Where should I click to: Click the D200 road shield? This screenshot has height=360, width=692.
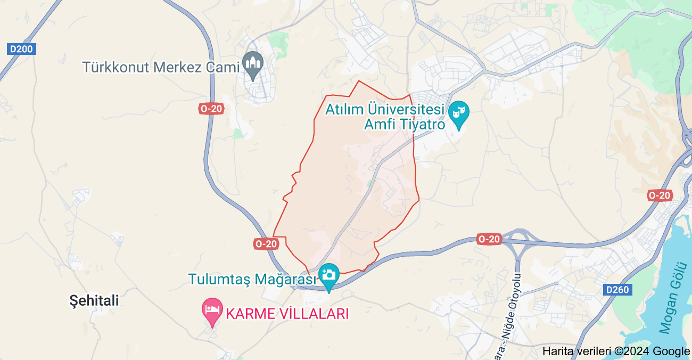(x=21, y=50)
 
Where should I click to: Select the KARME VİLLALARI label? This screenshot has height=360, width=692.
(x=287, y=314)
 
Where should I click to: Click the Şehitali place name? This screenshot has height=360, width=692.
(x=94, y=301)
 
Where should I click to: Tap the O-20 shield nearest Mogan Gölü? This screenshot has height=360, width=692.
(x=660, y=195)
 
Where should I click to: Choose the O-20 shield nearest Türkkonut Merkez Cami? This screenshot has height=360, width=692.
(x=211, y=109)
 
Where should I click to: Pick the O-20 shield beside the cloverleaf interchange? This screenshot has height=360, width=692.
(x=489, y=239)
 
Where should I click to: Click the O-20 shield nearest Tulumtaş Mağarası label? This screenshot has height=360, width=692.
(x=266, y=243)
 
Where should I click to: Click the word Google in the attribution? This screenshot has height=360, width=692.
(x=671, y=351)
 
